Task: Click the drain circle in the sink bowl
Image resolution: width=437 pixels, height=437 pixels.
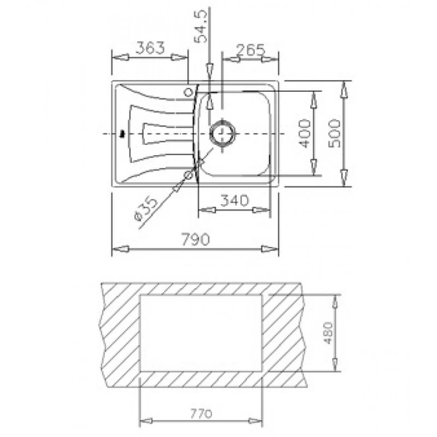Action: point(221,133)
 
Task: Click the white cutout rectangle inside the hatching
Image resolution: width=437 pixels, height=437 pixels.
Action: point(202,333)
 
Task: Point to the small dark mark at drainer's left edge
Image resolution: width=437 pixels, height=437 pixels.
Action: point(121,133)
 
